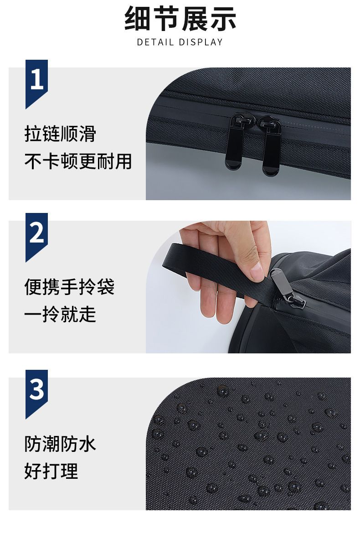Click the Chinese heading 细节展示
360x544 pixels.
[x=180, y=18]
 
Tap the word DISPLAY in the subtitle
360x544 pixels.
[x=201, y=42]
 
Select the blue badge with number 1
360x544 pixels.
[x=36, y=84]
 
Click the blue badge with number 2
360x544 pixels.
[x=36, y=237]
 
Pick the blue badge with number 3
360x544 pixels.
[x=36, y=394]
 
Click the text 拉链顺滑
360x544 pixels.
[x=60, y=134]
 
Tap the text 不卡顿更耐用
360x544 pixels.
[x=78, y=162]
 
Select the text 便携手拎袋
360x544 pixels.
[x=69, y=287]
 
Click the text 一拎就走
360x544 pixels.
[x=60, y=314]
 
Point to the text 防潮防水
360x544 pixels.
[x=60, y=444]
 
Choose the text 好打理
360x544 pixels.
[x=51, y=471]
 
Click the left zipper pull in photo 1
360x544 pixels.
[x=237, y=141]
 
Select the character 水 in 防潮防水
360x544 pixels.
[x=87, y=444]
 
